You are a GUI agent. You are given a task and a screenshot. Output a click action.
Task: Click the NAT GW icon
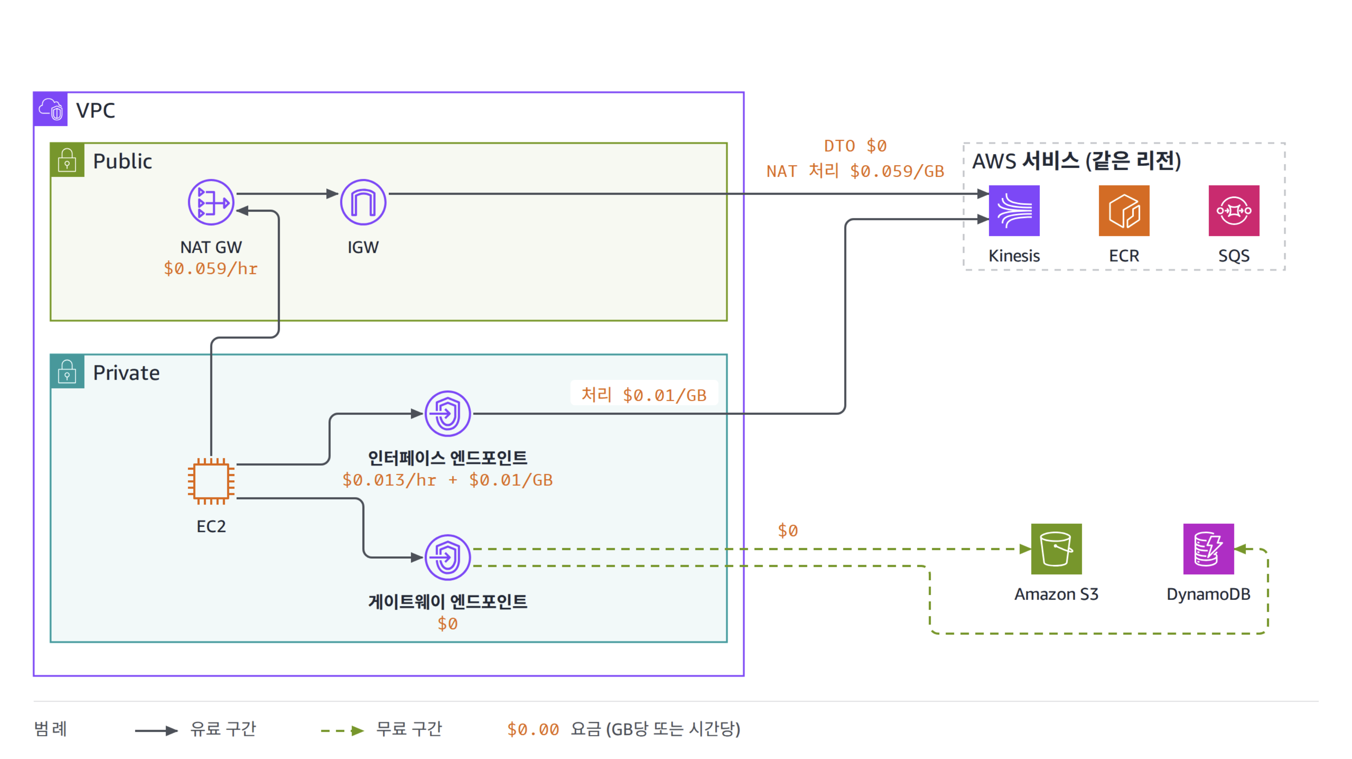pyautogui.click(x=211, y=202)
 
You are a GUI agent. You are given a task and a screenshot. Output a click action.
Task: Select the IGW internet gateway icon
pyautogui.click(x=363, y=202)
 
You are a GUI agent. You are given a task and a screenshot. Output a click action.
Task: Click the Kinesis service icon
pyautogui.click(x=1014, y=211)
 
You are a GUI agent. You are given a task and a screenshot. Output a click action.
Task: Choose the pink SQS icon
pyautogui.click(x=1234, y=211)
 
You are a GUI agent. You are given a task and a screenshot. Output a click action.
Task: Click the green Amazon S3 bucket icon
pyautogui.click(x=1057, y=549)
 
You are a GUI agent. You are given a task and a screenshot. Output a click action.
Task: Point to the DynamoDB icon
pyautogui.click(x=1209, y=549)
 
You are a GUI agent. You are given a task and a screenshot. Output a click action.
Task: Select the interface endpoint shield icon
pyautogui.click(x=448, y=414)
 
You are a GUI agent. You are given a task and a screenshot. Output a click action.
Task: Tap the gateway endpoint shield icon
pyautogui.click(x=448, y=557)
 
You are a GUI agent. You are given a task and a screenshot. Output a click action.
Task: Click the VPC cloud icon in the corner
pyautogui.click(x=51, y=109)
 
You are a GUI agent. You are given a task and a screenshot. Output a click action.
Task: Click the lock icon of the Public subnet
pyautogui.click(x=67, y=160)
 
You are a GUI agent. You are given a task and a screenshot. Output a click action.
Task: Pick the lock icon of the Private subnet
pyautogui.click(x=67, y=372)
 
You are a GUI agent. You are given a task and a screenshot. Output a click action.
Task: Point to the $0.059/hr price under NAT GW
pyautogui.click(x=211, y=269)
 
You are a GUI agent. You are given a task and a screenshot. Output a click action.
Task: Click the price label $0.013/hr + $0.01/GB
pyautogui.click(x=448, y=480)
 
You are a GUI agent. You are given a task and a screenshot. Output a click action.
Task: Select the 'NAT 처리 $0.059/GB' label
pyautogui.click(x=855, y=171)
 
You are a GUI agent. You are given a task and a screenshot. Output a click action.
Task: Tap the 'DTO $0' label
pyautogui.click(x=855, y=146)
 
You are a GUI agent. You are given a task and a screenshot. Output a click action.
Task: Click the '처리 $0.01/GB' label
pyautogui.click(x=644, y=395)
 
